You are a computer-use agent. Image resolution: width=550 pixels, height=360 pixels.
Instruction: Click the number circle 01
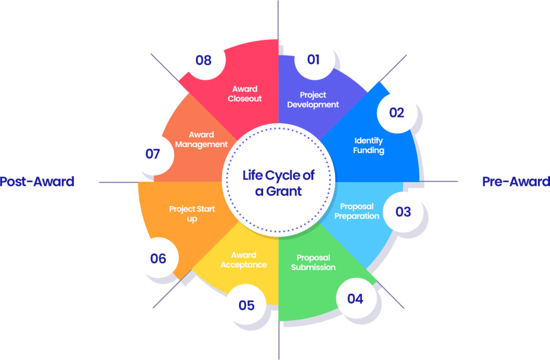pyautogui.click(x=313, y=59)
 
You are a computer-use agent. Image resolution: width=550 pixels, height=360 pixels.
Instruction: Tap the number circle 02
pyautogui.click(x=396, y=112)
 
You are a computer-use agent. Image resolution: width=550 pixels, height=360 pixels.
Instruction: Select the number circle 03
pyautogui.click(x=403, y=211)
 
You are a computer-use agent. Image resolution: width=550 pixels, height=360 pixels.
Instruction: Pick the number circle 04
pyautogui.click(x=355, y=298)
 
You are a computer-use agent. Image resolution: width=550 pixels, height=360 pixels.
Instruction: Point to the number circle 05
pyautogui.click(x=247, y=305)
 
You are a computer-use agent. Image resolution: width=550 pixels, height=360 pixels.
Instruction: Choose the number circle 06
pyautogui.click(x=158, y=258)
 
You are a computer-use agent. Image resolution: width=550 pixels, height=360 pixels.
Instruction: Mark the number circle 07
pyautogui.click(x=153, y=154)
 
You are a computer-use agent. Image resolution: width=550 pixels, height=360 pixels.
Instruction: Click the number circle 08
pyautogui.click(x=204, y=60)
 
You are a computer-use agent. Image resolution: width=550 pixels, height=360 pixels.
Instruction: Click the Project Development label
pyautogui.click(x=313, y=99)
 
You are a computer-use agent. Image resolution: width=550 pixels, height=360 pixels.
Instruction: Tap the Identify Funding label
pyautogui.click(x=368, y=146)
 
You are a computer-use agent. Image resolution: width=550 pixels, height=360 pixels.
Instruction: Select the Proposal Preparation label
pyautogui.click(x=360, y=211)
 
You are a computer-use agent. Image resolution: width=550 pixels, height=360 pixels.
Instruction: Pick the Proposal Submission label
pyautogui.click(x=313, y=262)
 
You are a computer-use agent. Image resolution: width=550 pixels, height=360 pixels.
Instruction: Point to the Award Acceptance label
pyautogui.click(x=243, y=260)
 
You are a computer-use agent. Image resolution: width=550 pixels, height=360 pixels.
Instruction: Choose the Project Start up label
pyautogui.click(x=192, y=214)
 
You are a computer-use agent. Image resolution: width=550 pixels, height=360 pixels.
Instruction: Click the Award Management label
pyautogui.click(x=201, y=139)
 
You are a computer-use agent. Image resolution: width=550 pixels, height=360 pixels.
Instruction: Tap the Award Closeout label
pyautogui.click(x=244, y=93)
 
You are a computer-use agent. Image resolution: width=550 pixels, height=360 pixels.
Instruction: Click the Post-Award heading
pyautogui.click(x=37, y=182)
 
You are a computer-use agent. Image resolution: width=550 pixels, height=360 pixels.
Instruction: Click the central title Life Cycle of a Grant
pyautogui.click(x=278, y=183)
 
